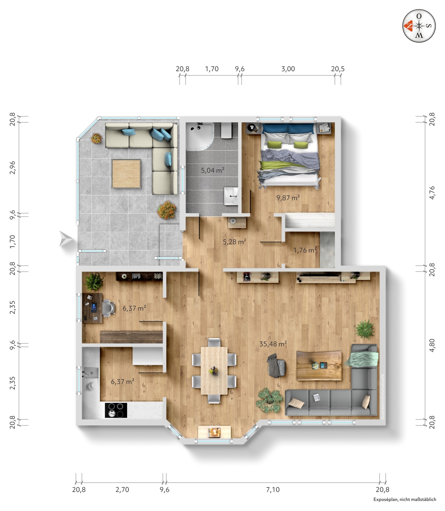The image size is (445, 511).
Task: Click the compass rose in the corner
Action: (x=419, y=26)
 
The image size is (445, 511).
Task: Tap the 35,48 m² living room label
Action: (x=273, y=344)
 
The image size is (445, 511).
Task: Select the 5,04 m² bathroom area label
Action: (x=213, y=170)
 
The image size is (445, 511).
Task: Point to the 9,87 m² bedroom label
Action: (x=288, y=198)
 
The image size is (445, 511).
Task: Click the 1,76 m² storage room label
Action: (x=305, y=250)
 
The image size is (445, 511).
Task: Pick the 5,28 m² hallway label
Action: (x=234, y=242)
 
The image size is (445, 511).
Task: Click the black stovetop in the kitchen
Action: (x=116, y=411)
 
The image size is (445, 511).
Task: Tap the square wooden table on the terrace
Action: (x=126, y=174)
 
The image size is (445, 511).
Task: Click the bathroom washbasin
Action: (x=231, y=196)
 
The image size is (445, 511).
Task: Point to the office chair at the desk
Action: (x=109, y=308)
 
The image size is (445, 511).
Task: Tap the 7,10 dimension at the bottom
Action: (x=273, y=490)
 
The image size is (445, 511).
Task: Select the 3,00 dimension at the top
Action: (x=288, y=69)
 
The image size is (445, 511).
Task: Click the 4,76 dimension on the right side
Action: (x=432, y=193)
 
